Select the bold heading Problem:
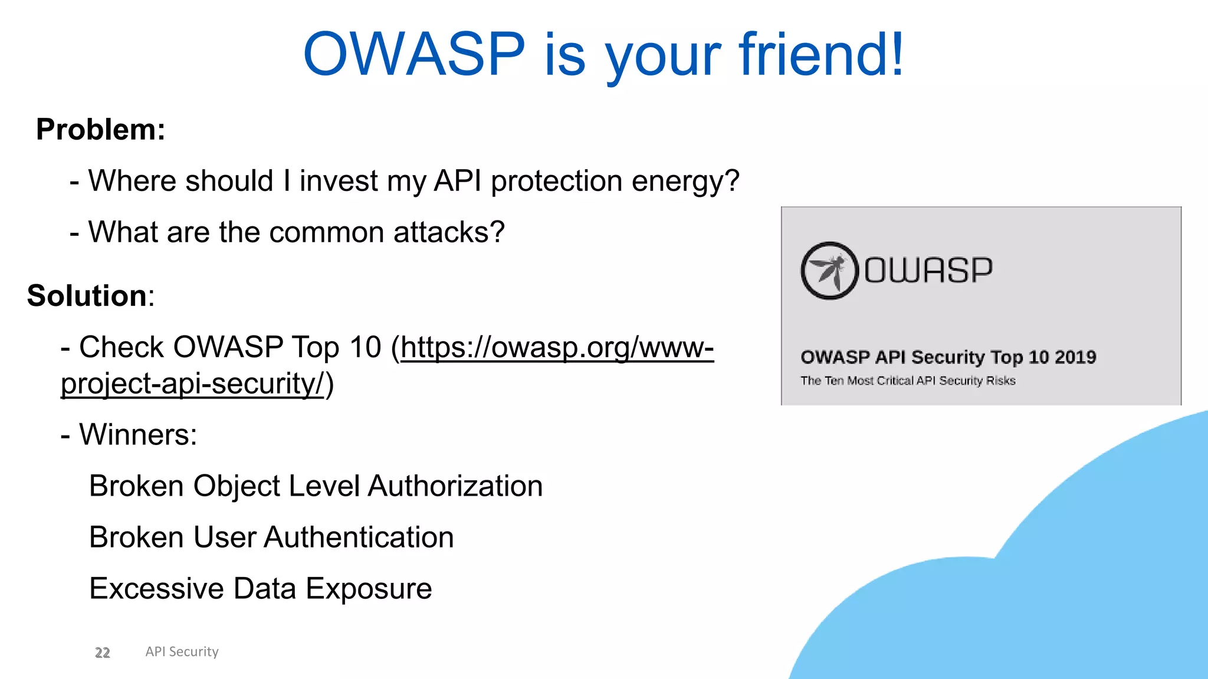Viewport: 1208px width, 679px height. pyautogui.click(x=101, y=129)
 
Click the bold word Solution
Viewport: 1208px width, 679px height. pyautogui.click(x=87, y=295)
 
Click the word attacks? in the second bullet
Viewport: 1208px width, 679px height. pyautogui.click(x=449, y=232)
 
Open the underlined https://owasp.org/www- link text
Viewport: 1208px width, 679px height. pyautogui.click(x=557, y=347)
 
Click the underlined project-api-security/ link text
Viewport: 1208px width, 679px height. pyautogui.click(x=192, y=384)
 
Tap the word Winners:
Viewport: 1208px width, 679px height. pyautogui.click(x=138, y=435)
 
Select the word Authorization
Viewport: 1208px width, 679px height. pyautogui.click(x=455, y=486)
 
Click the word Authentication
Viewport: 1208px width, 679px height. pyautogui.click(x=359, y=538)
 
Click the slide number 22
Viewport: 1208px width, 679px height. pyautogui.click(x=103, y=652)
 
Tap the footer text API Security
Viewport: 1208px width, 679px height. pyautogui.click(x=182, y=652)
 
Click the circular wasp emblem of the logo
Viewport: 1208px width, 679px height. pyautogui.click(x=829, y=271)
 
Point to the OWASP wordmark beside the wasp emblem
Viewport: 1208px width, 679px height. pyautogui.click(x=928, y=271)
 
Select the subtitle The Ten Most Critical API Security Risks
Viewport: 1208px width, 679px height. pyautogui.click(x=908, y=381)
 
